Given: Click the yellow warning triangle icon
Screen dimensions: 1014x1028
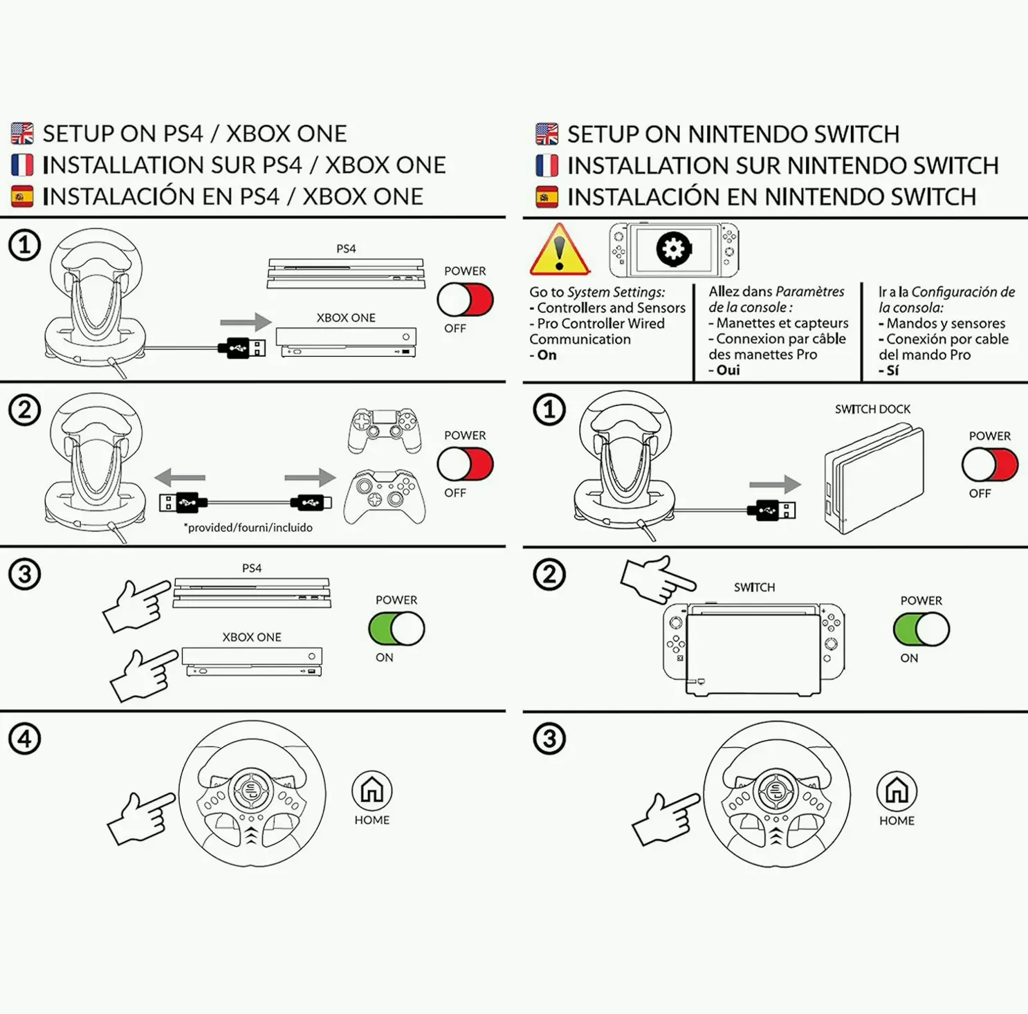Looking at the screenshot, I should tap(559, 251).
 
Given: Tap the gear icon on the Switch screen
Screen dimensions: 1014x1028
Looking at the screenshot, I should tap(673, 249).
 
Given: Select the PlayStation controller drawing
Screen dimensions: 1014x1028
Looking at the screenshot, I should tap(385, 430).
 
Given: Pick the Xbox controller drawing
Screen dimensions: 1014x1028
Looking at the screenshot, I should tap(385, 496).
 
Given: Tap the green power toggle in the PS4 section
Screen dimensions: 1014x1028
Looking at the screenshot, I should tap(396, 629).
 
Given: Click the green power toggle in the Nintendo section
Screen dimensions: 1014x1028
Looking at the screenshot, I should tap(921, 629).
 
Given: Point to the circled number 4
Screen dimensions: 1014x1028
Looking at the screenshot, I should tap(25, 739).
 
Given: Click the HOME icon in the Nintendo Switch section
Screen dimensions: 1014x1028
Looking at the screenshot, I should tap(897, 791).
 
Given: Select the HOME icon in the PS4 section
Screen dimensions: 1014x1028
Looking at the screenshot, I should tap(372, 790).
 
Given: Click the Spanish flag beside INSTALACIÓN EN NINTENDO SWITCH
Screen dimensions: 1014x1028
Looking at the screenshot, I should tap(547, 197).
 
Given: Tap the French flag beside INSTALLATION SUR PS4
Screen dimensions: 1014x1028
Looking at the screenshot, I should tap(22, 165).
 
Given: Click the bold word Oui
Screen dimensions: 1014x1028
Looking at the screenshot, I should tap(728, 370).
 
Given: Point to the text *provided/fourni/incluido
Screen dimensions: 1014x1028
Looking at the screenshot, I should tap(248, 528).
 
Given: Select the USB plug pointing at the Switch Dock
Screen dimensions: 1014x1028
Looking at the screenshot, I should tap(771, 510).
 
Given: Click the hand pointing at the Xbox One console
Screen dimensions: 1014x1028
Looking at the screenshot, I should tap(143, 674).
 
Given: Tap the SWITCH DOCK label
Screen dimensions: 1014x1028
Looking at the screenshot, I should tap(872, 409).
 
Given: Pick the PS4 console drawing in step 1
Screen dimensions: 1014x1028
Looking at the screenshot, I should tap(346, 274).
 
